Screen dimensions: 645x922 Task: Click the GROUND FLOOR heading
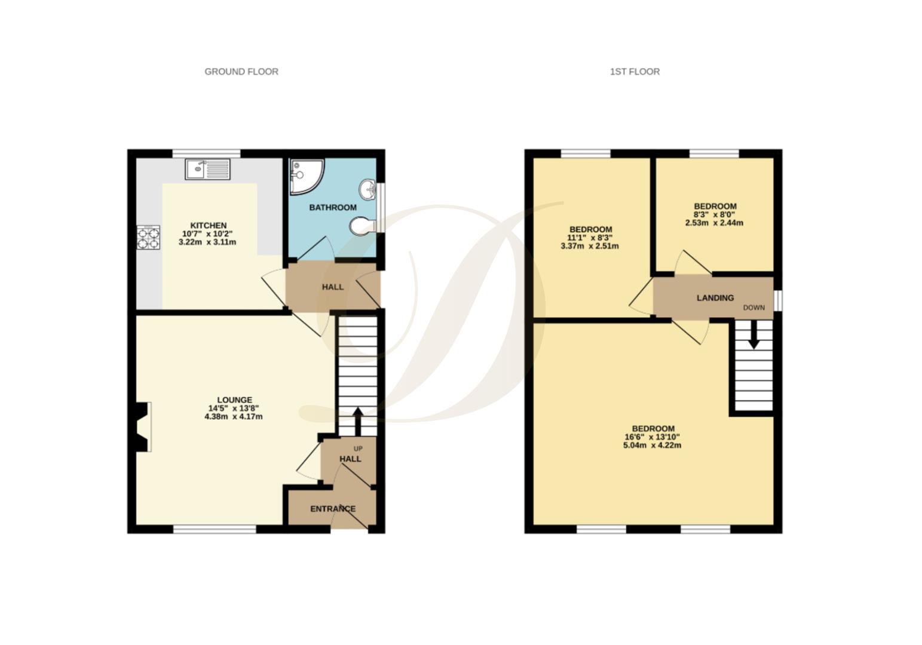(x=241, y=72)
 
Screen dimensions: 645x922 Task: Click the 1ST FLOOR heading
(x=635, y=72)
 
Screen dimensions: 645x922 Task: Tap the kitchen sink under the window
(x=207, y=169)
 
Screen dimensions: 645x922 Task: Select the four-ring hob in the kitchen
(x=149, y=237)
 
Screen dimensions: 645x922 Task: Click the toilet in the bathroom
(x=362, y=226)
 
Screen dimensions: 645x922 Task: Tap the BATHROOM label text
(x=333, y=207)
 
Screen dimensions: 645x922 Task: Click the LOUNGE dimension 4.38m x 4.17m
(x=234, y=416)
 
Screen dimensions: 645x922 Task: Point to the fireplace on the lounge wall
(x=142, y=426)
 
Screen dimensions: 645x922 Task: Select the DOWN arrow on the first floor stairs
(x=753, y=335)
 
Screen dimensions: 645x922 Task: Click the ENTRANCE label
(x=333, y=509)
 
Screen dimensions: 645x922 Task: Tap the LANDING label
(x=715, y=297)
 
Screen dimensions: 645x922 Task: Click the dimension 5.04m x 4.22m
(x=653, y=445)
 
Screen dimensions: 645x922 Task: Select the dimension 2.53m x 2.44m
(x=714, y=223)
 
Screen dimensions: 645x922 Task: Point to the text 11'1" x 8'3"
(x=590, y=238)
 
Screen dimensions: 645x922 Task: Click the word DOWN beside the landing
(x=753, y=308)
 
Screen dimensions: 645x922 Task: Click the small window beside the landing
(x=778, y=300)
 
